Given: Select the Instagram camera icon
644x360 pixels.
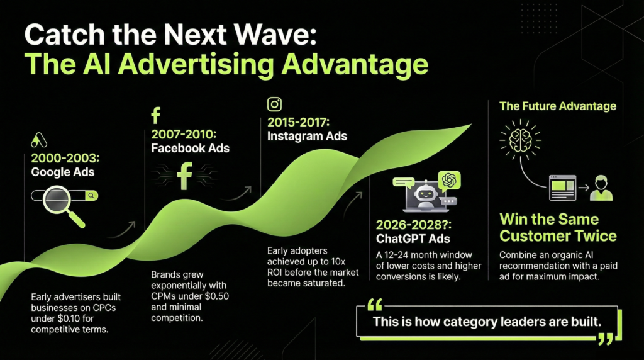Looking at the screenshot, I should [274, 104].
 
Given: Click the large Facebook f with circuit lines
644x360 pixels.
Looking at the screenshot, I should [184, 176].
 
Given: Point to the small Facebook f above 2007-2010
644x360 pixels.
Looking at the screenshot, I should [156, 116].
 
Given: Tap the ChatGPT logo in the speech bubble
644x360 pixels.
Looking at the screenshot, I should [449, 181].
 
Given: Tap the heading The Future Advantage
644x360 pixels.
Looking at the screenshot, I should [557, 106].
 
